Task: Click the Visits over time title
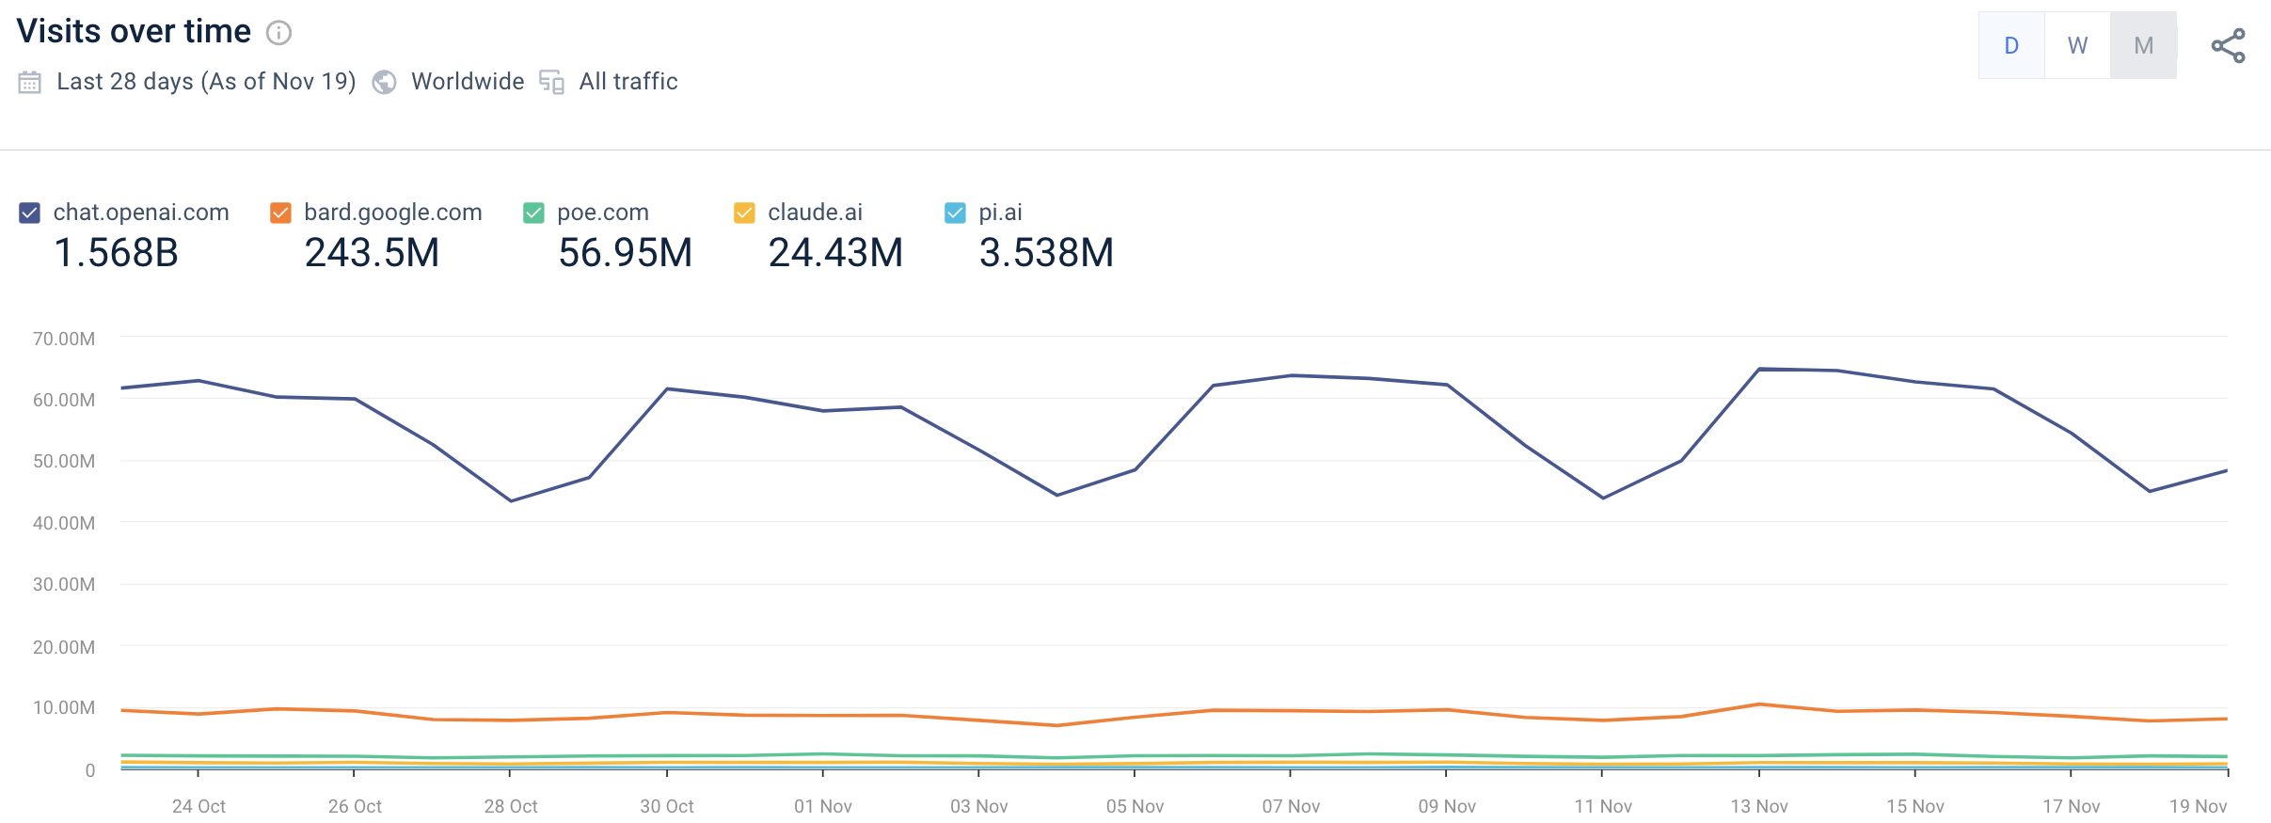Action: point(134,32)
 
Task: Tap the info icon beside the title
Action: point(278,34)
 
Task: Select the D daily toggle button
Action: point(2011,45)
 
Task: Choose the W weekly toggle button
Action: point(2077,45)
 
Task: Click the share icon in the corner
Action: point(2228,46)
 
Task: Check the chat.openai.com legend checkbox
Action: point(30,214)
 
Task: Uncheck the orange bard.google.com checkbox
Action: point(280,214)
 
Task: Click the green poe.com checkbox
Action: point(533,214)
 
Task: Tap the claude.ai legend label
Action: point(815,213)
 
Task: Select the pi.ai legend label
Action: point(1000,213)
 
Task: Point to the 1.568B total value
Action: point(116,253)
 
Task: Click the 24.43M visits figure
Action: point(835,253)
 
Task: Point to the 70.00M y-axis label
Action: point(64,339)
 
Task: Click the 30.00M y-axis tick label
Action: point(64,584)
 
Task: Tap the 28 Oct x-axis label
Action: point(511,806)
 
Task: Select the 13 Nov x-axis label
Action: point(1759,806)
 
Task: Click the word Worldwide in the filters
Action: point(468,82)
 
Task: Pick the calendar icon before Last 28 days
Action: point(30,83)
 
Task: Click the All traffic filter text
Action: point(628,82)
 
